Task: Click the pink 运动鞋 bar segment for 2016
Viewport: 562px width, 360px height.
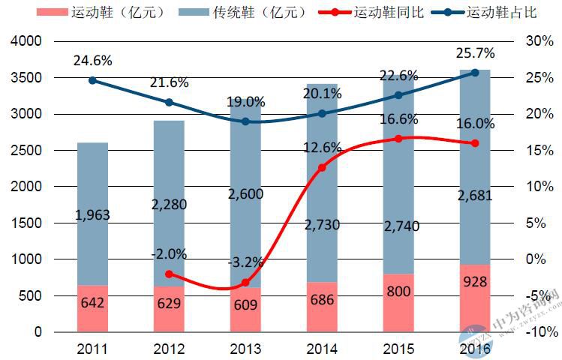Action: point(474,298)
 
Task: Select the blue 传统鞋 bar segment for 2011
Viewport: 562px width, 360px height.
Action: point(92,214)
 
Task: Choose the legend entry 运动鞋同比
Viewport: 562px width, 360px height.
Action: point(371,13)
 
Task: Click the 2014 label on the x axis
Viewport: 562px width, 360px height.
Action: point(322,349)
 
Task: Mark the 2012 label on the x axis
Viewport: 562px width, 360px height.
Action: point(169,349)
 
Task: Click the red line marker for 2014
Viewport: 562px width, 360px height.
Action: point(322,167)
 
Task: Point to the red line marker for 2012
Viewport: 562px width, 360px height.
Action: point(169,274)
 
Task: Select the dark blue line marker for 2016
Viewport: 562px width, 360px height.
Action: point(474,73)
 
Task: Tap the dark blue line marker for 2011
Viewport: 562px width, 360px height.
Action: point(92,80)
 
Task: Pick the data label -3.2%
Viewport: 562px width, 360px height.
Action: point(245,263)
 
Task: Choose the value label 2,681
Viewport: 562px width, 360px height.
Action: point(474,197)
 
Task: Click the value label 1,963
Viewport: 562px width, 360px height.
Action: point(93,215)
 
